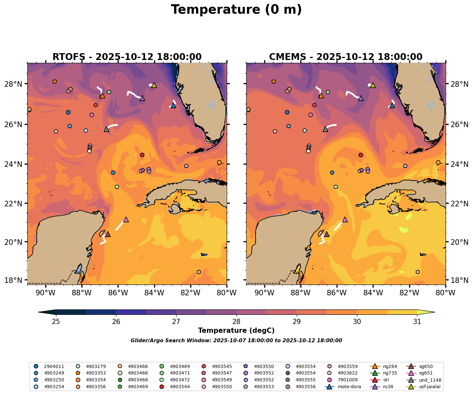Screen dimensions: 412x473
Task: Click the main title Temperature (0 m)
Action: coord(236,10)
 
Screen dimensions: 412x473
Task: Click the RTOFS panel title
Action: coord(127,57)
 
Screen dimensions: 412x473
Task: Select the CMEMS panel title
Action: coord(346,57)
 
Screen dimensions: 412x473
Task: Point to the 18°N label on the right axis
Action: coord(459,280)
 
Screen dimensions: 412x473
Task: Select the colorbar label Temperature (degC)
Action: coord(236,331)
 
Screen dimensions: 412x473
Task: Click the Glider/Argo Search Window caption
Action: coord(236,341)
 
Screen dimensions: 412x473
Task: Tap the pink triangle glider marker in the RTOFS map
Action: coord(126,220)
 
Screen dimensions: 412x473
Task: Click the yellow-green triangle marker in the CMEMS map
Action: coord(373,85)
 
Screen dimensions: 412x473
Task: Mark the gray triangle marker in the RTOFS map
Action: coord(107,129)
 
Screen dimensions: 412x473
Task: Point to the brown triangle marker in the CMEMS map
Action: coord(326,234)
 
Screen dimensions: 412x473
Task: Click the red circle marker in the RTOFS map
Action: coord(142,155)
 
